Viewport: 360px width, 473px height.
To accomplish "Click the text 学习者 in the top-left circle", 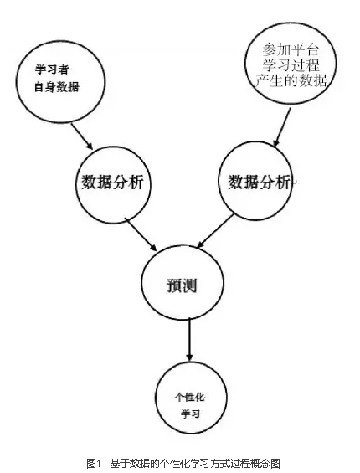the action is tap(52, 69).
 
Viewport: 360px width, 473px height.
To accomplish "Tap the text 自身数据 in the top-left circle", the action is tap(57, 87).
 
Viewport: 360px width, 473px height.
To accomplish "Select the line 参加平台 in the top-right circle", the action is tap(291, 49).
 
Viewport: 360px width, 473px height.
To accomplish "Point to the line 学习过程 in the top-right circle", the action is tap(291, 64).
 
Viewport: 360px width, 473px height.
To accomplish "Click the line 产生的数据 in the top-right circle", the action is tap(291, 80).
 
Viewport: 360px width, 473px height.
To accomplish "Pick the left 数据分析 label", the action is tap(112, 183).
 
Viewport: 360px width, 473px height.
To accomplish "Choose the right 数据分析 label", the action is tap(259, 182).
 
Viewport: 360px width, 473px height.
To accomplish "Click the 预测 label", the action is tap(182, 285).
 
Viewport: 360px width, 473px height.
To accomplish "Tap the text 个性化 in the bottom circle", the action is tap(190, 398).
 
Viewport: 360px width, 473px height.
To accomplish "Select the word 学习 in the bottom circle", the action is tap(190, 414).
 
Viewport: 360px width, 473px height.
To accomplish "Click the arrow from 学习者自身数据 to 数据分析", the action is tap(82, 136).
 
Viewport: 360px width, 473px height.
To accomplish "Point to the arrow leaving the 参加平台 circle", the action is tap(281, 127).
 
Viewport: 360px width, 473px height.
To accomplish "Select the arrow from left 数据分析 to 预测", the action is tap(141, 234).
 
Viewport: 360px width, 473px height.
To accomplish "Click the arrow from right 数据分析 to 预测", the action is tap(215, 231).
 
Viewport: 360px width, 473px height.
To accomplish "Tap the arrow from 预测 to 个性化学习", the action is tap(189, 340).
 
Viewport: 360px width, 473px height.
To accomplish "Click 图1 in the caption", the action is tap(93, 463).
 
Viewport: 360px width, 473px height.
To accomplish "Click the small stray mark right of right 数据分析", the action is tap(295, 182).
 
